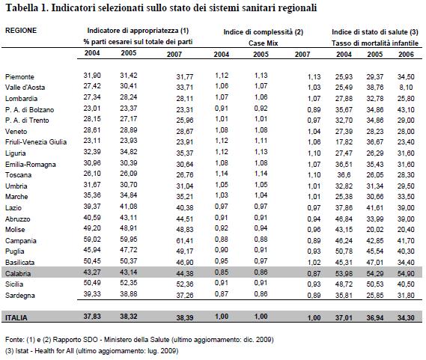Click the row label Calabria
tap(18, 273)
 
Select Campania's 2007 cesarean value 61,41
tap(185, 240)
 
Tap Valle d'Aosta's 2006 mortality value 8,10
tap(407, 88)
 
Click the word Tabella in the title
tap(22, 8)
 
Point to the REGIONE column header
tap(21, 30)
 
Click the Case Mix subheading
tap(264, 43)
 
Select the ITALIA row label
tap(16, 317)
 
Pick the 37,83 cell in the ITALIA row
tap(92, 317)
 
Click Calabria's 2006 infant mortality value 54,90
tap(406, 273)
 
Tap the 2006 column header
tap(406, 54)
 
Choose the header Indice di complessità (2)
tap(264, 32)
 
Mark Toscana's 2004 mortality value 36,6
tap(344, 174)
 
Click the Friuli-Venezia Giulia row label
tap(36, 141)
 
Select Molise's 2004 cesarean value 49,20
tap(92, 228)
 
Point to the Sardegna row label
tap(20, 296)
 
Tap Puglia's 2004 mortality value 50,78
tap(344, 251)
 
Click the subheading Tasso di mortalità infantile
tap(375, 43)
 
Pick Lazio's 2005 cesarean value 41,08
tap(129, 207)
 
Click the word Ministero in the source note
tap(118, 340)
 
